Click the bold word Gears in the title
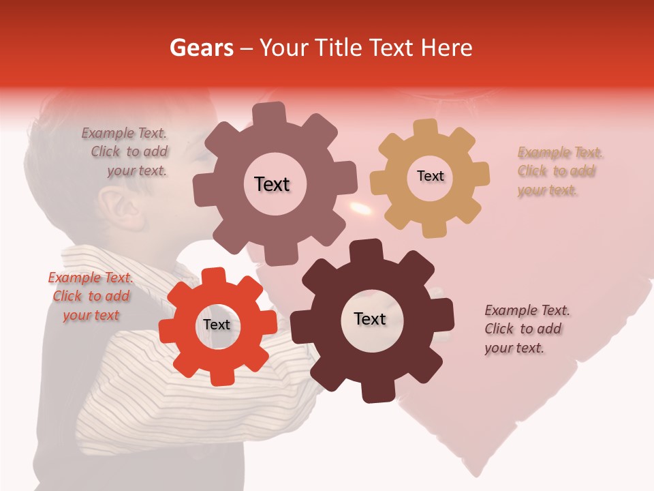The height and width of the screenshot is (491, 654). coord(201,48)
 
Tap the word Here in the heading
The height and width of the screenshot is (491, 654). coord(446,48)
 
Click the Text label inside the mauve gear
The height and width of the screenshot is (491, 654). coord(272,184)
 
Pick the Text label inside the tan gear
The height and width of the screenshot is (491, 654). coord(430,176)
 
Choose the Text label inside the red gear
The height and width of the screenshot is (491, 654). coord(217,325)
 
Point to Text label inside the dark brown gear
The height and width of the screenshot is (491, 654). coord(370,319)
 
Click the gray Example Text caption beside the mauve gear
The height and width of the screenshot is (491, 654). coord(127,151)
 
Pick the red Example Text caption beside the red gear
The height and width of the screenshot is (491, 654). coord(91,296)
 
